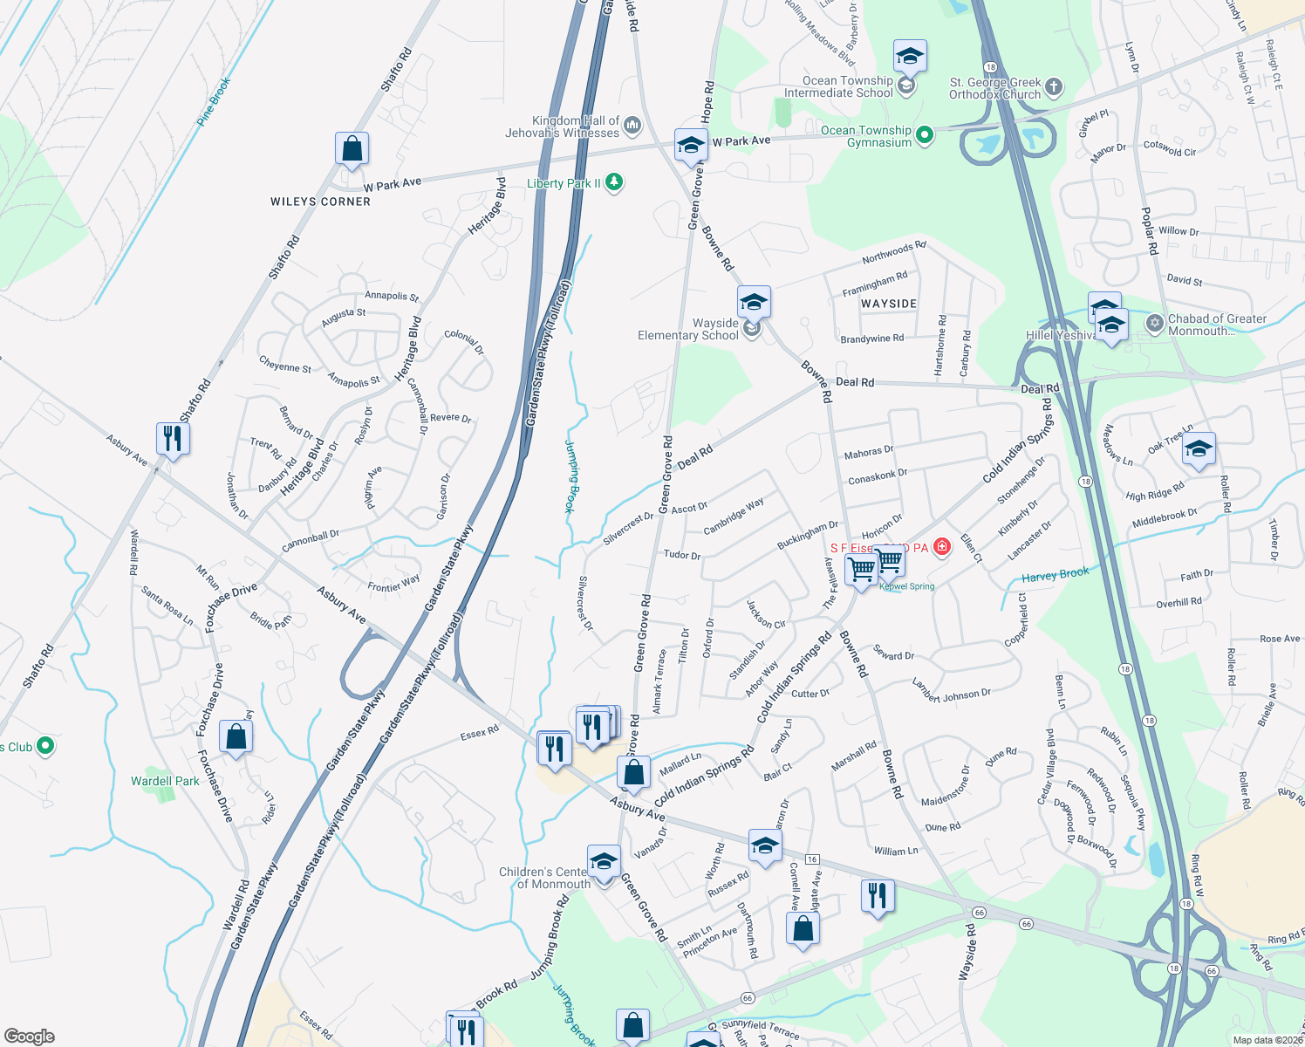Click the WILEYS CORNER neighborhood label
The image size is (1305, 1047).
pyautogui.click(x=320, y=202)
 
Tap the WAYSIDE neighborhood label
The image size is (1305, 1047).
pyautogui.click(x=889, y=304)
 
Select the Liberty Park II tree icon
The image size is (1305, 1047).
pyautogui.click(x=614, y=182)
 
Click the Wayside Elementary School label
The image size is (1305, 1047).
pyautogui.click(x=688, y=329)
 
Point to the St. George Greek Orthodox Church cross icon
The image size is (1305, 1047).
pyautogui.click(x=1054, y=86)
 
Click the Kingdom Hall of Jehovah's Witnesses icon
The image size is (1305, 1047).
pyautogui.click(x=632, y=126)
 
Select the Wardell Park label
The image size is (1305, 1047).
pyautogui.click(x=165, y=781)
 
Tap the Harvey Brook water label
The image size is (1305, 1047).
pyautogui.click(x=1055, y=575)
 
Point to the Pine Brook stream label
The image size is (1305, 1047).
pyautogui.click(x=214, y=102)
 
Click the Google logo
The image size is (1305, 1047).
pyautogui.click(x=29, y=1036)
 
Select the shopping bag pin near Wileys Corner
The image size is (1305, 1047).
pyautogui.click(x=352, y=149)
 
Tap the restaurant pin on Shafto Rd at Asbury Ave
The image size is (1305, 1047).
pyautogui.click(x=173, y=438)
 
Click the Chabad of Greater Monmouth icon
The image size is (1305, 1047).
pyautogui.click(x=1154, y=324)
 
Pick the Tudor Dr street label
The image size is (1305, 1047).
pyautogui.click(x=681, y=555)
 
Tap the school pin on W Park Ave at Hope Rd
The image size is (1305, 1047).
pyautogui.click(x=690, y=146)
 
